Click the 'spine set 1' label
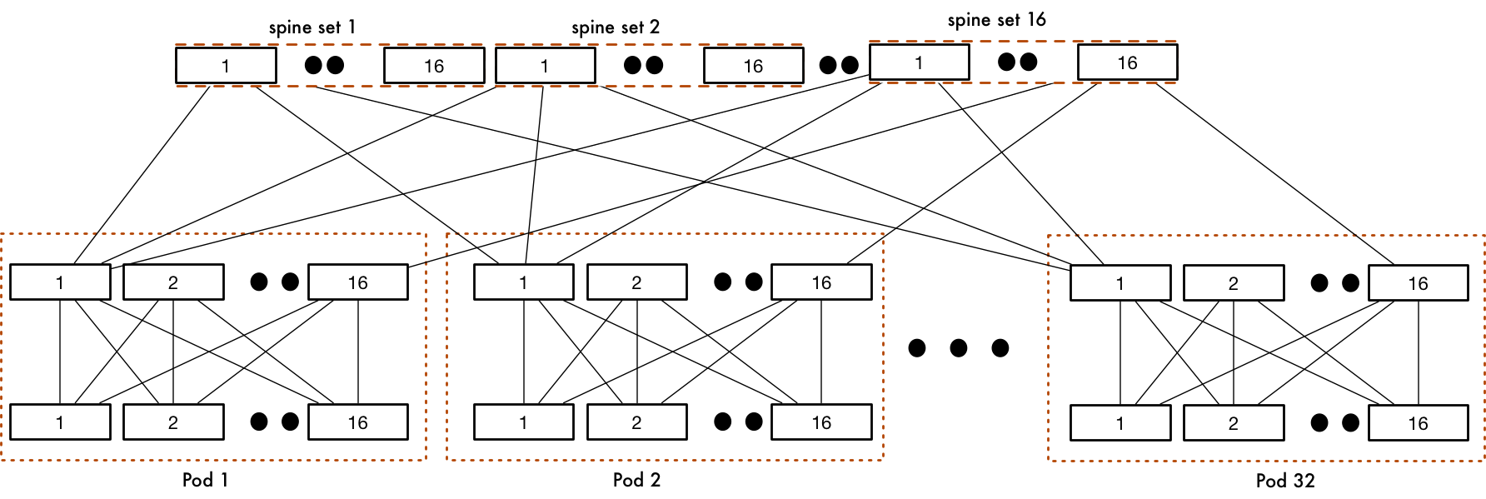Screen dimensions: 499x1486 click(312, 27)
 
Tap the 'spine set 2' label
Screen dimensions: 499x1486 click(615, 27)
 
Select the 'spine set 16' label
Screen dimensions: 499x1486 click(996, 20)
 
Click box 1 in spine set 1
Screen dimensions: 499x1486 click(226, 66)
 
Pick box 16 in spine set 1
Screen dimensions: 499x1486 click(434, 66)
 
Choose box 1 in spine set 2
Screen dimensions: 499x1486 click(545, 66)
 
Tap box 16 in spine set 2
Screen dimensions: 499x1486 click(753, 66)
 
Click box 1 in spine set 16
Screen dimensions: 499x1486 click(919, 62)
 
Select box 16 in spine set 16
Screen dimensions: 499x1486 click(1127, 62)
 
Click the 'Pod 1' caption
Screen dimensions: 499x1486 click(205, 480)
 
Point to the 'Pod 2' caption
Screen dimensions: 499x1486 click(636, 480)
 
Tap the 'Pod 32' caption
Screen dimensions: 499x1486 click(1285, 481)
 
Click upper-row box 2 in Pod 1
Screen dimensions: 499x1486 click(173, 282)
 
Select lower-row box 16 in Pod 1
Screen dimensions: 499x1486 click(358, 422)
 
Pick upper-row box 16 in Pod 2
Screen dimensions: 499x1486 click(821, 282)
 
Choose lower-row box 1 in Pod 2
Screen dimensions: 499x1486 click(523, 422)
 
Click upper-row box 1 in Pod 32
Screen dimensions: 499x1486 click(1119, 283)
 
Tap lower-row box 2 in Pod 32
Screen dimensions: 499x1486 click(1233, 423)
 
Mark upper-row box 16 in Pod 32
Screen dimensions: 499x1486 click(1418, 283)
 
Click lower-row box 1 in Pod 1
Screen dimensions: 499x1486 click(60, 422)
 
